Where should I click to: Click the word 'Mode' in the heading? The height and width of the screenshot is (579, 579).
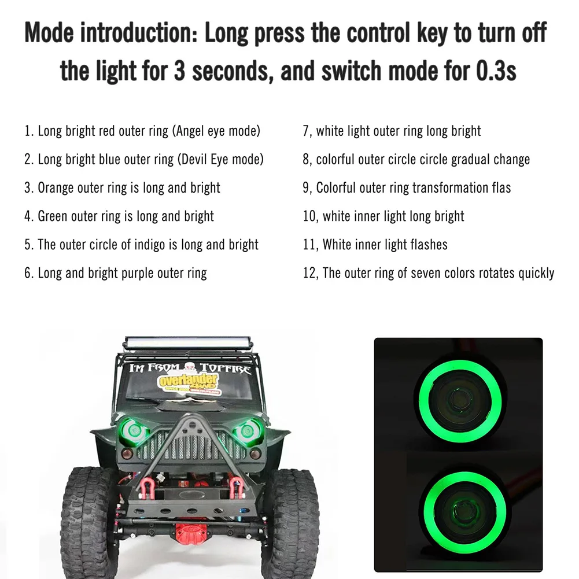(49, 33)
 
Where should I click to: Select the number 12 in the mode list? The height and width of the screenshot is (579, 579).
(309, 273)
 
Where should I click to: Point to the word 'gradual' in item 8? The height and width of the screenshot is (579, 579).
(470, 160)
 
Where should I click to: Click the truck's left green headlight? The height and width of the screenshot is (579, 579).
(134, 430)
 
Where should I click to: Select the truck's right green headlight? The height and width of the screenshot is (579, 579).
(247, 431)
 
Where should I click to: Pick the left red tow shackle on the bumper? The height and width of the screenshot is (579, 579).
(147, 486)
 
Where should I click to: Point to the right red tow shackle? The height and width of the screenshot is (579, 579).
(237, 486)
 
